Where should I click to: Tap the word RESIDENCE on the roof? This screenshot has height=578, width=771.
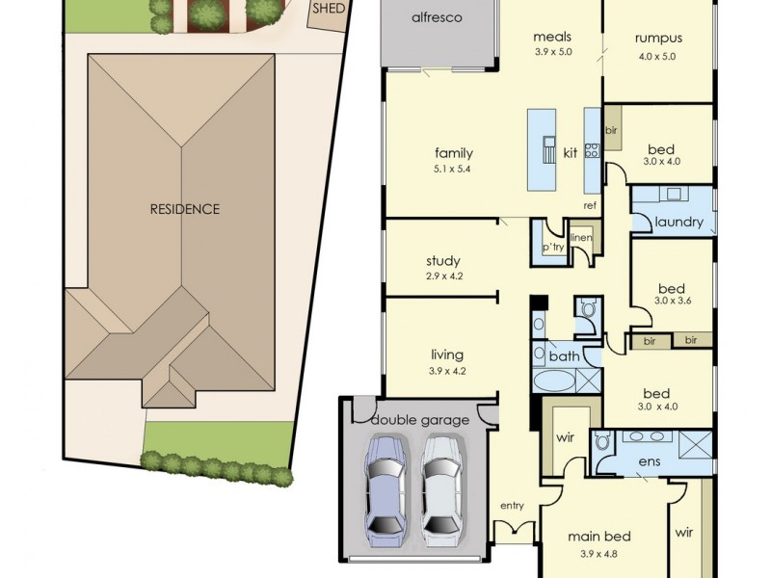(x=184, y=209)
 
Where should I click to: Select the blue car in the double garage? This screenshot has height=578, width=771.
(x=384, y=486)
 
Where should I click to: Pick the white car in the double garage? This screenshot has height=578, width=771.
(x=440, y=486)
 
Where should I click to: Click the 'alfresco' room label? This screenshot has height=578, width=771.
(x=437, y=18)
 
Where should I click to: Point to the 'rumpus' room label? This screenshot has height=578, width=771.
(x=658, y=39)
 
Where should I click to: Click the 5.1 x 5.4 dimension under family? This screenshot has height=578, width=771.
(x=453, y=169)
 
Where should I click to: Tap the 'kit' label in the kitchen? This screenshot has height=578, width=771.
(x=570, y=153)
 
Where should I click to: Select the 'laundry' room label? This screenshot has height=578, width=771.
(x=679, y=223)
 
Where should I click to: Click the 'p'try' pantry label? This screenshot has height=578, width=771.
(x=552, y=248)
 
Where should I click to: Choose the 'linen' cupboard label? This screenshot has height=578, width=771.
(x=580, y=238)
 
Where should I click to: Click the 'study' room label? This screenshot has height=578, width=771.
(x=442, y=261)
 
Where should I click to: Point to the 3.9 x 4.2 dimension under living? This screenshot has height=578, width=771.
(x=446, y=371)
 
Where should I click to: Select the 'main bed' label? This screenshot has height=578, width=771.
(x=598, y=537)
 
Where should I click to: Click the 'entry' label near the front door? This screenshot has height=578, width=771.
(x=511, y=506)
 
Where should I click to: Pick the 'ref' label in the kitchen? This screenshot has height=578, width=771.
(x=590, y=205)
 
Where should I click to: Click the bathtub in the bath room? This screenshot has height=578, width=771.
(x=553, y=382)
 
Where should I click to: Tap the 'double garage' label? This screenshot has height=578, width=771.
(x=420, y=420)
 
